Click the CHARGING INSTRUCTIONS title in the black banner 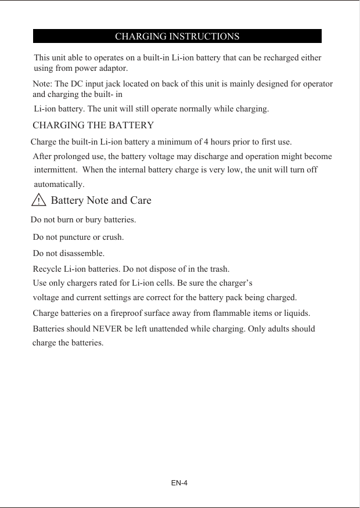click(177, 37)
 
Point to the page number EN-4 click(179, 483)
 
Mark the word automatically click(59, 185)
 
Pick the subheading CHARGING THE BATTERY click(93, 125)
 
